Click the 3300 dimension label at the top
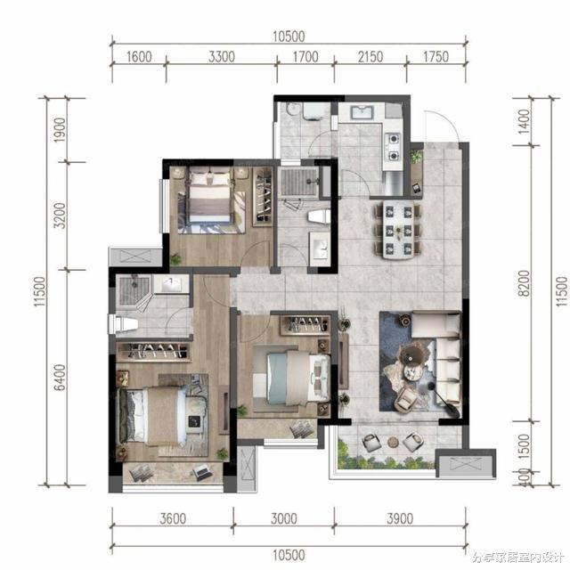(x=222, y=57)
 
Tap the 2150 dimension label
(x=370, y=57)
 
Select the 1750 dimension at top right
(x=436, y=57)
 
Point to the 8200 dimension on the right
(x=524, y=283)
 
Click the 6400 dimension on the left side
(x=60, y=378)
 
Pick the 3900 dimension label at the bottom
(x=400, y=518)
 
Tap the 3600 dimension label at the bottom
(x=173, y=518)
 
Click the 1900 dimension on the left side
(x=60, y=130)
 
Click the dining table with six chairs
(x=398, y=230)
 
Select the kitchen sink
(x=362, y=112)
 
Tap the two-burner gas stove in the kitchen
(x=394, y=147)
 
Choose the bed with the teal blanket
(x=299, y=378)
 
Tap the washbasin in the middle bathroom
(x=320, y=246)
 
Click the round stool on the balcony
(x=393, y=442)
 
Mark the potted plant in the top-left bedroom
(x=176, y=259)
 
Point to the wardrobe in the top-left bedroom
(x=263, y=196)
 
